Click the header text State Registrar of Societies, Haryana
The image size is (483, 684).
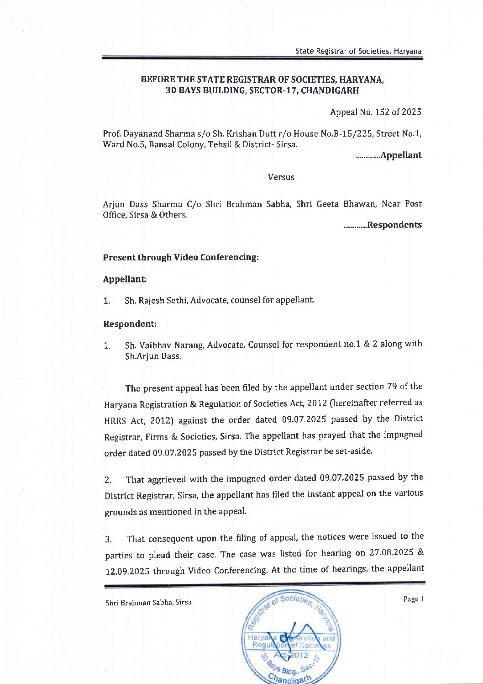(x=358, y=51)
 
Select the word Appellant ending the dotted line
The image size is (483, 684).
(x=401, y=155)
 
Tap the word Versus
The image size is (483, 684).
(x=281, y=177)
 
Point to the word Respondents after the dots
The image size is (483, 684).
(x=394, y=225)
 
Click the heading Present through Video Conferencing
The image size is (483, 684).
(x=181, y=257)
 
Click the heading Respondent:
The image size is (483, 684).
(x=130, y=324)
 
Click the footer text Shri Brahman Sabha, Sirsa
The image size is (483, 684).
(x=148, y=603)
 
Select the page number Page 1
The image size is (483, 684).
(x=413, y=599)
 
